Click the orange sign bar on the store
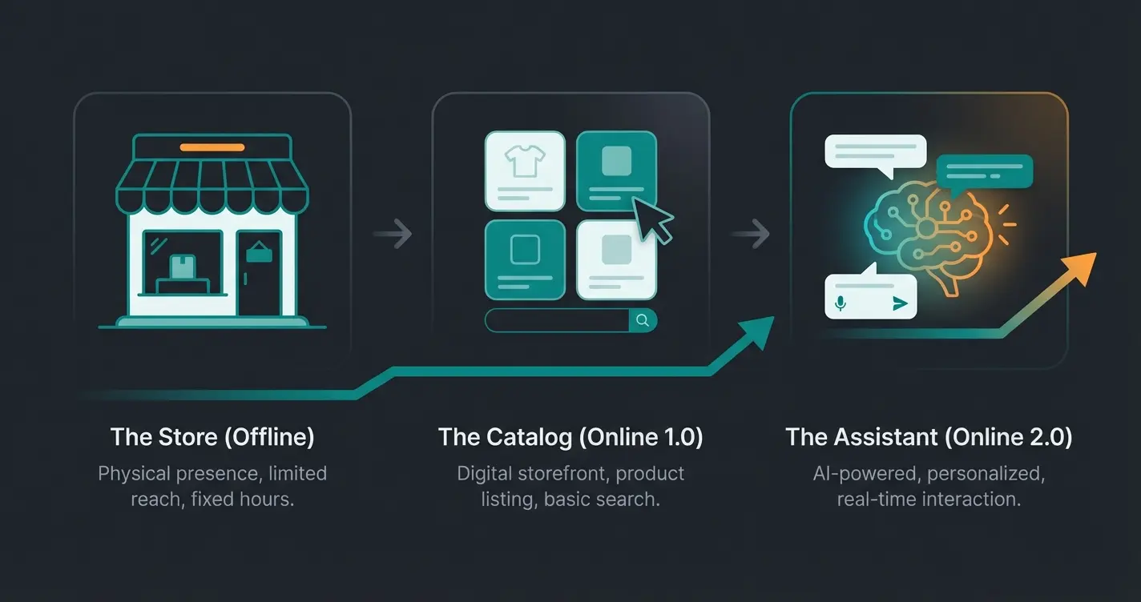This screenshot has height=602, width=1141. pyautogui.click(x=212, y=147)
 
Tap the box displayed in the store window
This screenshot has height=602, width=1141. pyautogui.click(x=183, y=267)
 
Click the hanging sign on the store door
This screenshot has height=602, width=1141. pyautogui.click(x=259, y=254)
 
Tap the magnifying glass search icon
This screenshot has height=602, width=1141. pyautogui.click(x=643, y=320)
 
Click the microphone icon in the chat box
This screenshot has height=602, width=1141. pyautogui.click(x=841, y=303)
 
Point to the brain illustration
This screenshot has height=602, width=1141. pyautogui.click(x=929, y=232)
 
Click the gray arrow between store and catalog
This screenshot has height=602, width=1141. pyautogui.click(x=393, y=235)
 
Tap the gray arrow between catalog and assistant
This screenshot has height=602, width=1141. pyautogui.click(x=751, y=235)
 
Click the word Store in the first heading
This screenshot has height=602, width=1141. pyautogui.click(x=189, y=437)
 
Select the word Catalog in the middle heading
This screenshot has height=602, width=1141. pyautogui.click(x=526, y=437)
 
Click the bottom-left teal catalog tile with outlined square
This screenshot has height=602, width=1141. pyautogui.click(x=525, y=259)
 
